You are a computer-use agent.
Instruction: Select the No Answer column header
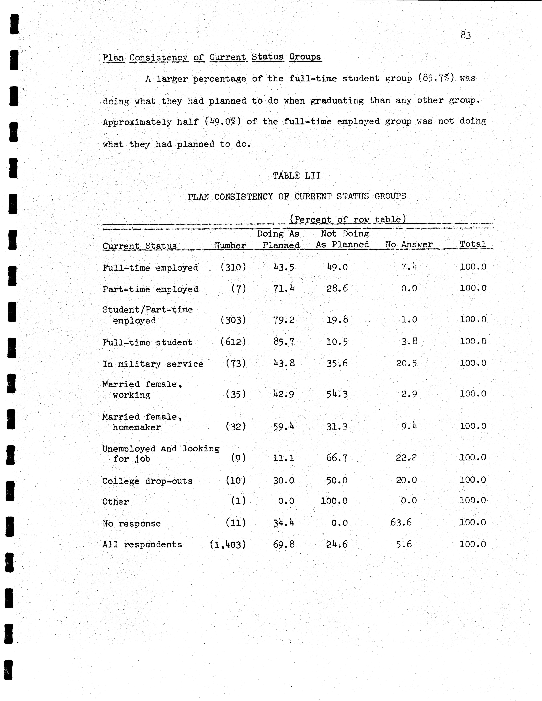[409, 245]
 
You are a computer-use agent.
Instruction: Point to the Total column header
[473, 244]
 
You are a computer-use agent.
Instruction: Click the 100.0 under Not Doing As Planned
[334, 501]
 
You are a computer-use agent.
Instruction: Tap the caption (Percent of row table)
[347, 220]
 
